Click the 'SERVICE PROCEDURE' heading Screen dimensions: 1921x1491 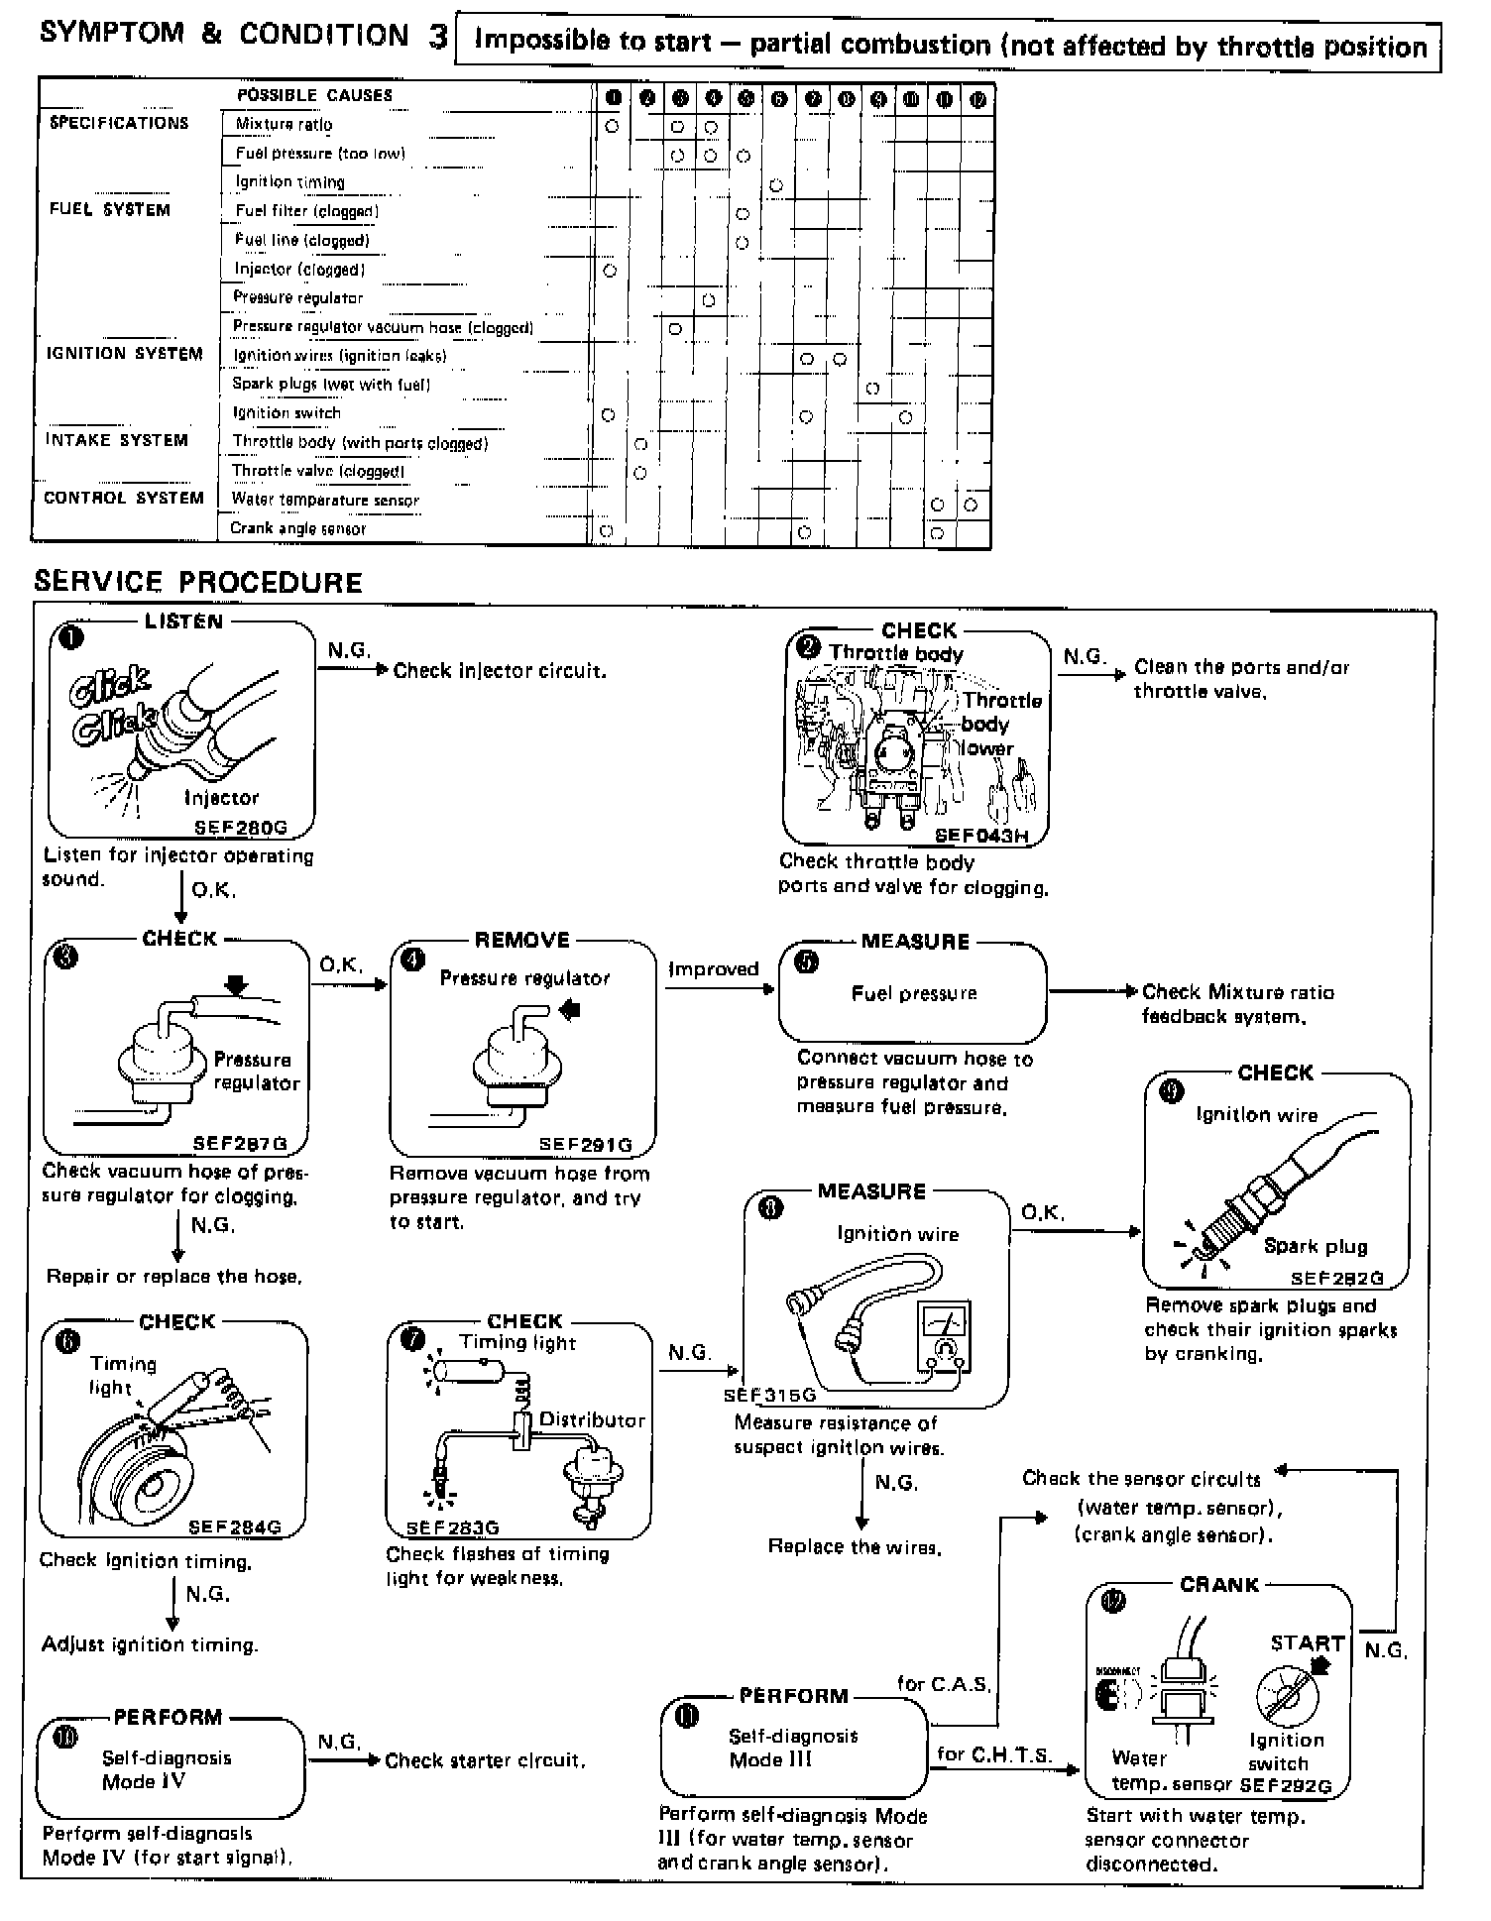pos(198,582)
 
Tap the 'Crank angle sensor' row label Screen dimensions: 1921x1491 pos(297,529)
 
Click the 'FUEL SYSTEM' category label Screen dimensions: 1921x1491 pos(110,210)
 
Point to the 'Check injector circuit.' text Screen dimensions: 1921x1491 pos(500,671)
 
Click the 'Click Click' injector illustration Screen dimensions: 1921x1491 pos(149,729)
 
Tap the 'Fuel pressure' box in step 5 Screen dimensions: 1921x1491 pos(913,993)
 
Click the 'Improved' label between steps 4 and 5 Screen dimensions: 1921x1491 pos(713,969)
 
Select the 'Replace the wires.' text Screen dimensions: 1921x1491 pos(854,1546)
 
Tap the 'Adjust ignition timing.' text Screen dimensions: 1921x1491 pos(150,1645)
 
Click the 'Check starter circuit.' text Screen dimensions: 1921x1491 pos(485,1761)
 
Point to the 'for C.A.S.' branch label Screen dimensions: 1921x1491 pos(944,1684)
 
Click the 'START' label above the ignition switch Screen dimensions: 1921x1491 pos(1307,1643)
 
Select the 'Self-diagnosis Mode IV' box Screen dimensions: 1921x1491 pos(170,1769)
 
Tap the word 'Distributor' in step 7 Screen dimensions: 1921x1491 pos(592,1420)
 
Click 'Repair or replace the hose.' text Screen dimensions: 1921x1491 pos(174,1277)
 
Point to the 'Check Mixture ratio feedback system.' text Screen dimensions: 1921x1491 pos(1237,1004)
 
